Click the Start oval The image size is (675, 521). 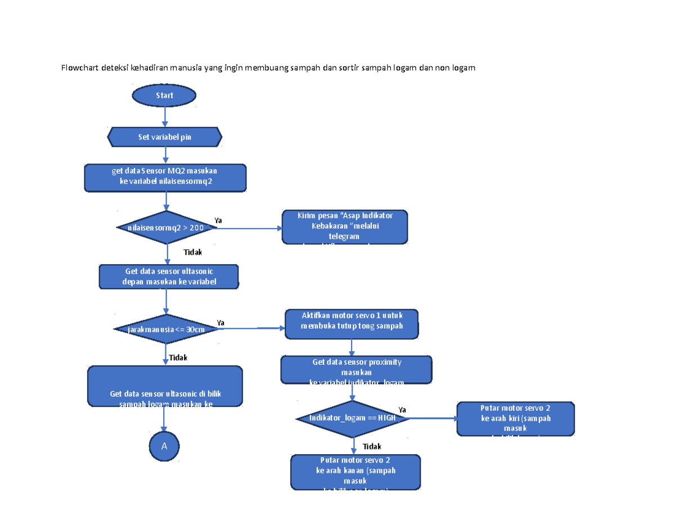165,96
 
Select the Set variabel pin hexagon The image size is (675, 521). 165,137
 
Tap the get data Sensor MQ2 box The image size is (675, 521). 165,177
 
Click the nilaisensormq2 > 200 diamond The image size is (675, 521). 166,228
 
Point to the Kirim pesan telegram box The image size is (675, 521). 344,227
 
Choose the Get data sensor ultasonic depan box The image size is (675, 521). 169,277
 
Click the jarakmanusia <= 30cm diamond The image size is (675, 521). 166,329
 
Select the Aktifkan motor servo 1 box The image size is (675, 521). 352,324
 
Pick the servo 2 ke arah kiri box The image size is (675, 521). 515,419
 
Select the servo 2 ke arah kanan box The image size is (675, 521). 355,472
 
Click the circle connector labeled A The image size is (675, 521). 164,446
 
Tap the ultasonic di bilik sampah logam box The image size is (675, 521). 165,386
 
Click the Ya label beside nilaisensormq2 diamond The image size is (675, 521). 218,220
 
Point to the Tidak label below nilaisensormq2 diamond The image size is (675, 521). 193,252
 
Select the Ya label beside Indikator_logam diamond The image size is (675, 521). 402,409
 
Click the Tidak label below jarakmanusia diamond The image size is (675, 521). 178,357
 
